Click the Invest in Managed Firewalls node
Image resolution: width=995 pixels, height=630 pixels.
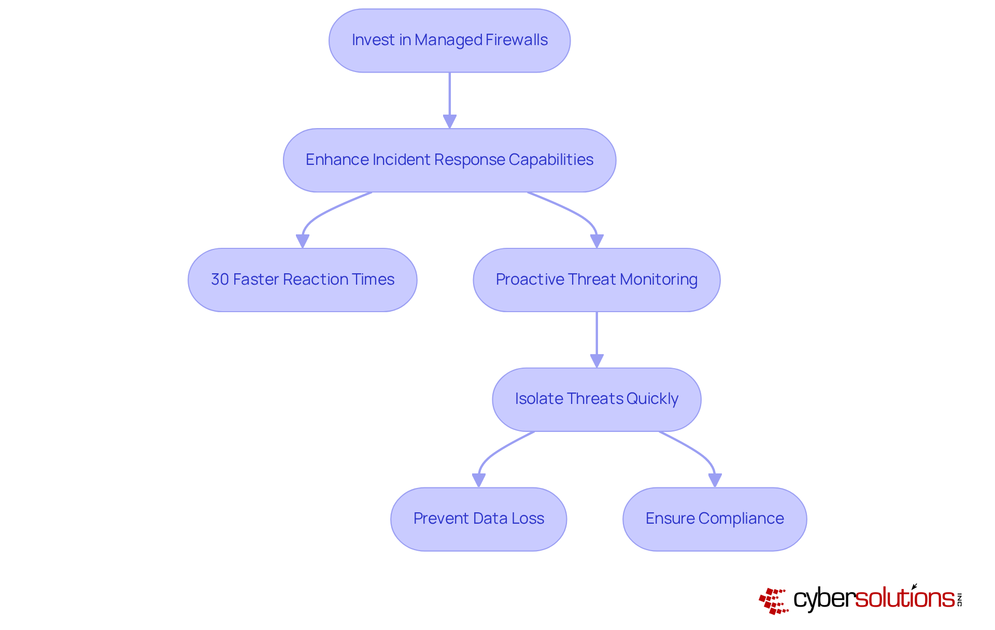pyautogui.click(x=449, y=40)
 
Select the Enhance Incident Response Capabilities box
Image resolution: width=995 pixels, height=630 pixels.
pyautogui.click(x=449, y=160)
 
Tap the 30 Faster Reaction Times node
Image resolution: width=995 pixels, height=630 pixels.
pyautogui.click(x=302, y=280)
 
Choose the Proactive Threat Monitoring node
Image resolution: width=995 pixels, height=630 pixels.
pyautogui.click(x=596, y=280)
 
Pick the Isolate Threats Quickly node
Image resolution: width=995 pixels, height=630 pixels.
pyautogui.click(x=596, y=399)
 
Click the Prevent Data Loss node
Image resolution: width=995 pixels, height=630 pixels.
pyautogui.click(x=478, y=519)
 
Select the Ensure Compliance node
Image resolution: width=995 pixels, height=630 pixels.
pyautogui.click(x=715, y=519)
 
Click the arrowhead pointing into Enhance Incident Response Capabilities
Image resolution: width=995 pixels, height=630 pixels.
pyautogui.click(x=449, y=121)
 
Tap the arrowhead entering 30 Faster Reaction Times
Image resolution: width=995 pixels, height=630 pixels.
pyautogui.click(x=302, y=241)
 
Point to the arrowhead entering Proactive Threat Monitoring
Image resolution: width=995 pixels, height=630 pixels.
pyautogui.click(x=596, y=241)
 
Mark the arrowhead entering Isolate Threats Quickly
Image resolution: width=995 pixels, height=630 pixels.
pyautogui.click(x=596, y=361)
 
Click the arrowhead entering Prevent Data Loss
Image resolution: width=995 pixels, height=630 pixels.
pyautogui.click(x=478, y=480)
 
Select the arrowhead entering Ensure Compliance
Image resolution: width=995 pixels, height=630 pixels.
pyautogui.click(x=715, y=480)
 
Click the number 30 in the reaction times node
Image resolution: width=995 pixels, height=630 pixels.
pyautogui.click(x=220, y=279)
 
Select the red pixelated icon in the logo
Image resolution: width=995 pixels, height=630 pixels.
pyautogui.click(x=773, y=600)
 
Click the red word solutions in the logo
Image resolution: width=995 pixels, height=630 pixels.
pyautogui.click(x=904, y=598)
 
